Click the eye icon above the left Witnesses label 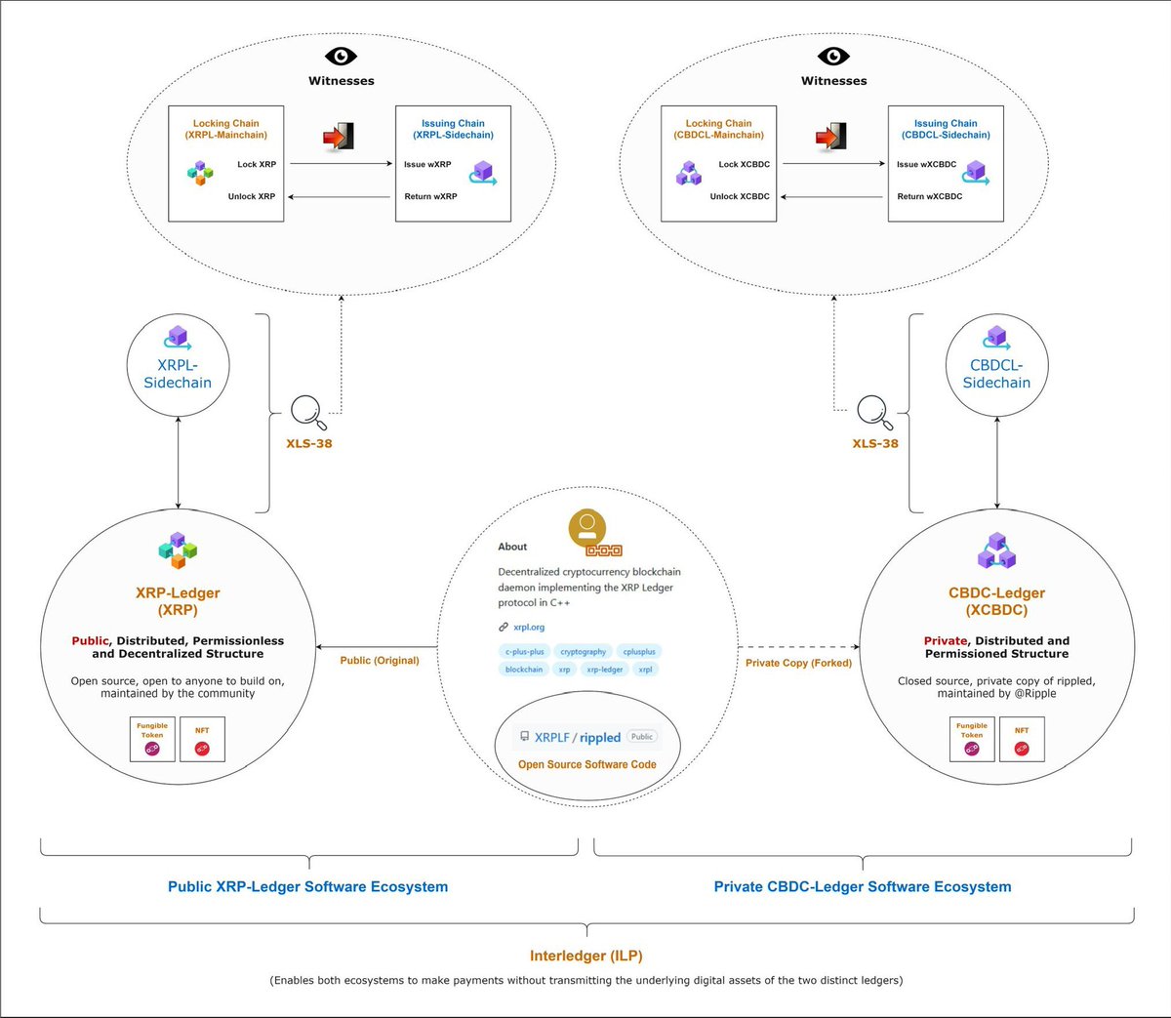pyautogui.click(x=341, y=56)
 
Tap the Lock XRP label pyautogui.click(x=257, y=164)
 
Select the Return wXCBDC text pyautogui.click(x=929, y=196)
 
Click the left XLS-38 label pyautogui.click(x=308, y=443)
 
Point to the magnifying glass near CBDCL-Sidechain pyautogui.click(x=873, y=412)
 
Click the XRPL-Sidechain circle pyautogui.click(x=178, y=364)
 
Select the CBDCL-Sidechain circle pyautogui.click(x=996, y=364)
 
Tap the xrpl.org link pyautogui.click(x=529, y=627)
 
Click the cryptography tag pyautogui.click(x=584, y=651)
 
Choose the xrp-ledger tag pyautogui.click(x=604, y=669)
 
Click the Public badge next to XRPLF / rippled pyautogui.click(x=642, y=737)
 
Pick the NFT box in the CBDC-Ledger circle pyautogui.click(x=1022, y=739)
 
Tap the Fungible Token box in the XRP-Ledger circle pyautogui.click(x=152, y=739)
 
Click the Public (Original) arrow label pyautogui.click(x=380, y=661)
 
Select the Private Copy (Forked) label pyautogui.click(x=798, y=663)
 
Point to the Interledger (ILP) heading pyautogui.click(x=586, y=956)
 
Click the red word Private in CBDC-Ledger pyautogui.click(x=945, y=641)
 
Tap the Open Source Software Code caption pyautogui.click(x=586, y=764)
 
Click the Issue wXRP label pyautogui.click(x=427, y=164)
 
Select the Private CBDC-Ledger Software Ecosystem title pyautogui.click(x=862, y=886)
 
